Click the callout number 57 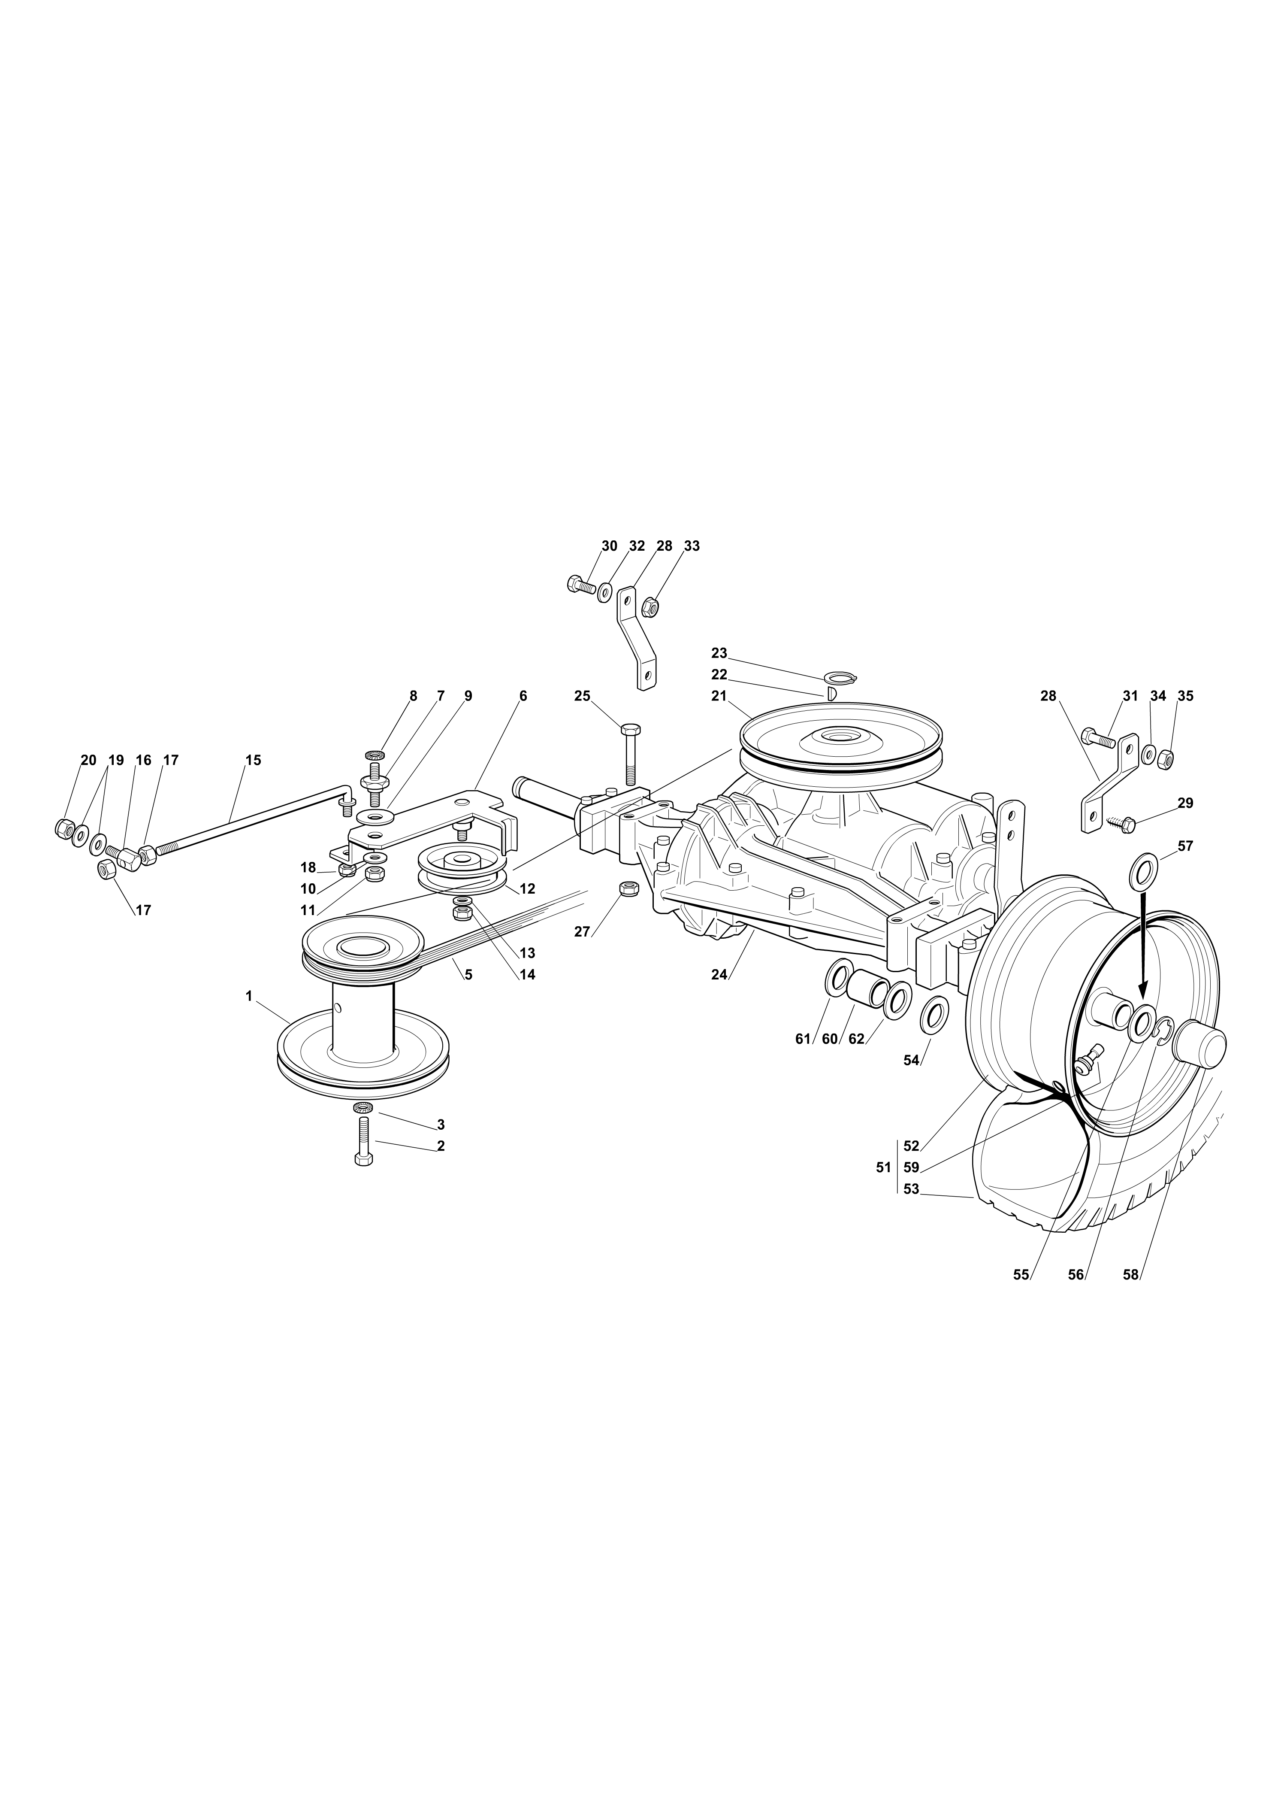pyautogui.click(x=1186, y=846)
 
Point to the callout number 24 pyautogui.click(x=719, y=974)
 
